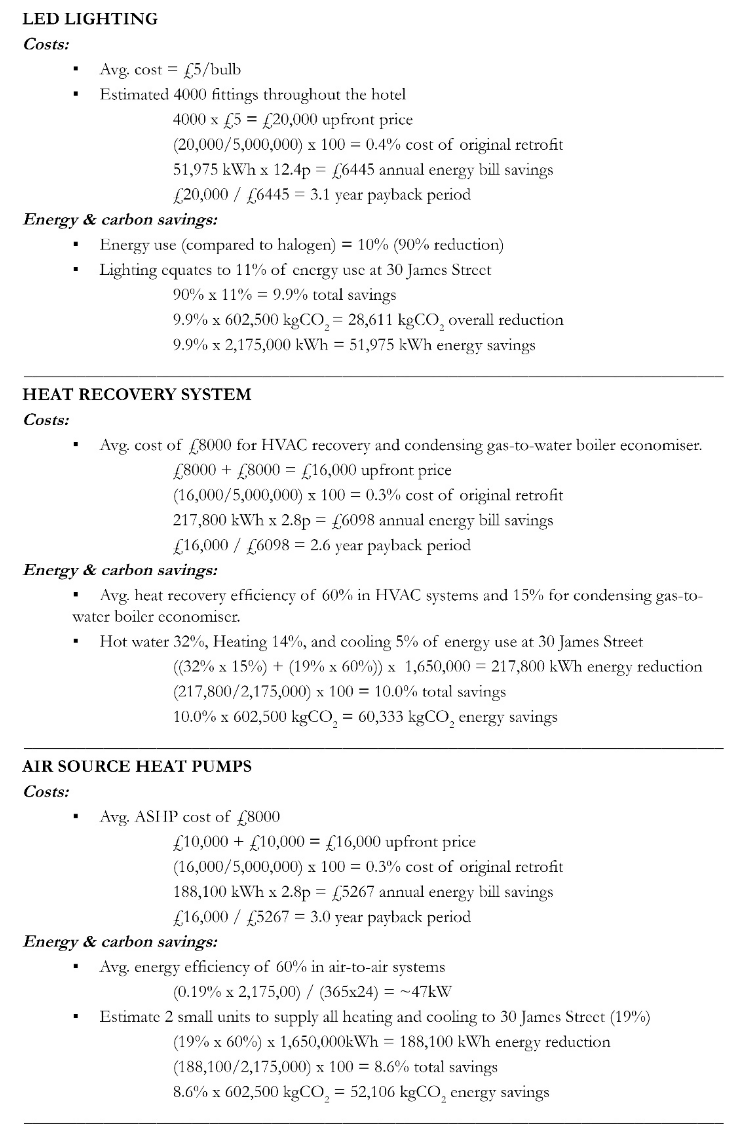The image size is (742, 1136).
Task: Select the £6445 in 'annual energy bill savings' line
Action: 353,170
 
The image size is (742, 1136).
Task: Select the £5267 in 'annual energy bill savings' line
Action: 353,892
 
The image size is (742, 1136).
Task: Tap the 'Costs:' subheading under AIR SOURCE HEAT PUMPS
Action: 46,792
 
